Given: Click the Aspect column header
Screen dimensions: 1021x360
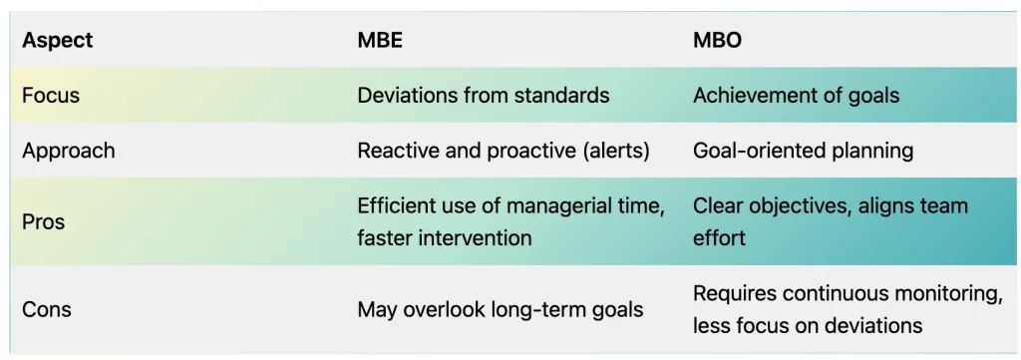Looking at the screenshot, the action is pyautogui.click(x=57, y=40).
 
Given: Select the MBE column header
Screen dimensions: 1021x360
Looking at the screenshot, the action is pyautogui.click(x=380, y=40).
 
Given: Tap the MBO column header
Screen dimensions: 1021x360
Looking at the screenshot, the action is pyautogui.click(x=717, y=40).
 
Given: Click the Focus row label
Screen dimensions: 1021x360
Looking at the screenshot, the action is pyautogui.click(x=51, y=96).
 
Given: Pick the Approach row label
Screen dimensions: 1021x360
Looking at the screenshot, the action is pyautogui.click(x=69, y=152).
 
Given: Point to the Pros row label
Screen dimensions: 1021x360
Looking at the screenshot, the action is pyautogui.click(x=44, y=222).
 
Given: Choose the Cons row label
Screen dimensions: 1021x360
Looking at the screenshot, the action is pyautogui.click(x=47, y=309).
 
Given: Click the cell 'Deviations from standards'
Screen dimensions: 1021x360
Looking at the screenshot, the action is pyautogui.click(x=484, y=96).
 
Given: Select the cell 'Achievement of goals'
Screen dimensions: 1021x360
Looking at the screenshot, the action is pyautogui.click(x=796, y=97).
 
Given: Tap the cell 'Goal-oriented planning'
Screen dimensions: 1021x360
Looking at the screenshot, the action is pyautogui.click(x=803, y=152).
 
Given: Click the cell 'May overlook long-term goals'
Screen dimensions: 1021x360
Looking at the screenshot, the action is pyautogui.click(x=501, y=310).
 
